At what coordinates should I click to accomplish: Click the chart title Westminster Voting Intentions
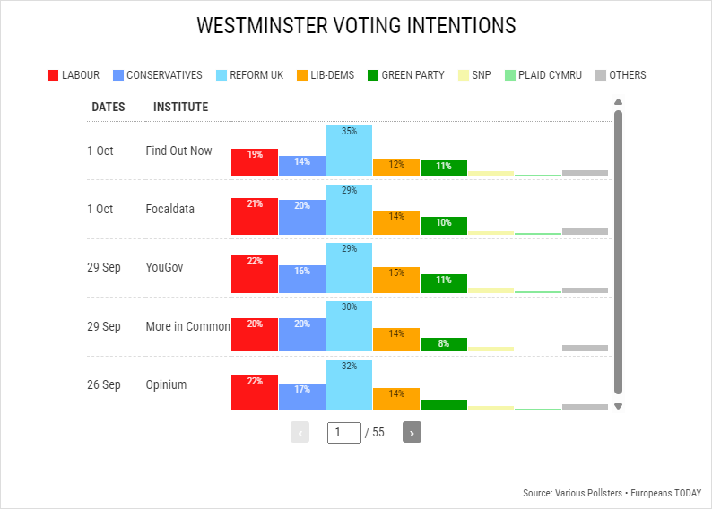356,26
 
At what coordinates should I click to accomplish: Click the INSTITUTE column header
180,107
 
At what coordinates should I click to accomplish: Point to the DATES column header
108,107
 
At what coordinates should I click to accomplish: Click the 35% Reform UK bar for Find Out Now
349,151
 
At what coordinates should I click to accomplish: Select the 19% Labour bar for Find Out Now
255,162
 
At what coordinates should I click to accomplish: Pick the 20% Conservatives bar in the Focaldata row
301,216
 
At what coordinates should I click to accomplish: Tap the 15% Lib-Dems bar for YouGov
395,279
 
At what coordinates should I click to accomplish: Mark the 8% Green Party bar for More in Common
443,344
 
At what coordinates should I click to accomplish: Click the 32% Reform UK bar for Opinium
349,384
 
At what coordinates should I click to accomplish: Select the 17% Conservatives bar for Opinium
301,396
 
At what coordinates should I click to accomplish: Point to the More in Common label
187,326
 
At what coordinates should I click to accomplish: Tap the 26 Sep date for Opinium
103,384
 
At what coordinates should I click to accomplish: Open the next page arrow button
412,432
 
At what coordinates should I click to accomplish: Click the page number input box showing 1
343,432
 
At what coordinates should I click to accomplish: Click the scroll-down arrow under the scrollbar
618,406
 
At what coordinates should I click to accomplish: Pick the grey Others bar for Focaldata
585,230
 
